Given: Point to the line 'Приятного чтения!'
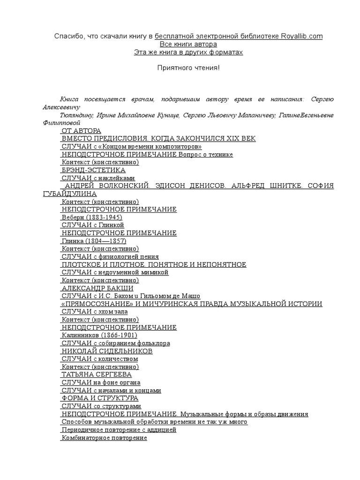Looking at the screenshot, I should click(187, 68).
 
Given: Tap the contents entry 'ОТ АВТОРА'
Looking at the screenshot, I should click(81, 130).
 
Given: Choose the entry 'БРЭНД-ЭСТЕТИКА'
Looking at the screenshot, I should click(93, 170).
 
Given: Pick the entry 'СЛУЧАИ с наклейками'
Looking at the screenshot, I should click(98, 178).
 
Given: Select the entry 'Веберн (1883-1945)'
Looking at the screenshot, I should click(92, 217).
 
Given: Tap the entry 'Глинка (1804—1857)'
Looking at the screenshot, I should click(94, 241).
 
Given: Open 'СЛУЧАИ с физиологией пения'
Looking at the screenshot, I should click(110, 257).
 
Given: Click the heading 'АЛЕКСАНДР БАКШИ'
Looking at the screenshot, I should click(97, 288).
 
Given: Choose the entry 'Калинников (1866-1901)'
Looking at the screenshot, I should click(99, 335).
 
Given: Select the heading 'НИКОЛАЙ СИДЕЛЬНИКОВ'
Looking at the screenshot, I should click(107, 351).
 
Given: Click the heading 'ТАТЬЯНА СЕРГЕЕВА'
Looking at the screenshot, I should click(97, 375).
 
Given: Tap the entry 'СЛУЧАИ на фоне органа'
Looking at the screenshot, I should click(101, 382).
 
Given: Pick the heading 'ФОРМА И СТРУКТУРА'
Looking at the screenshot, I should click(99, 398).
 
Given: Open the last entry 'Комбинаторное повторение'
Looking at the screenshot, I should click(104, 437).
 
